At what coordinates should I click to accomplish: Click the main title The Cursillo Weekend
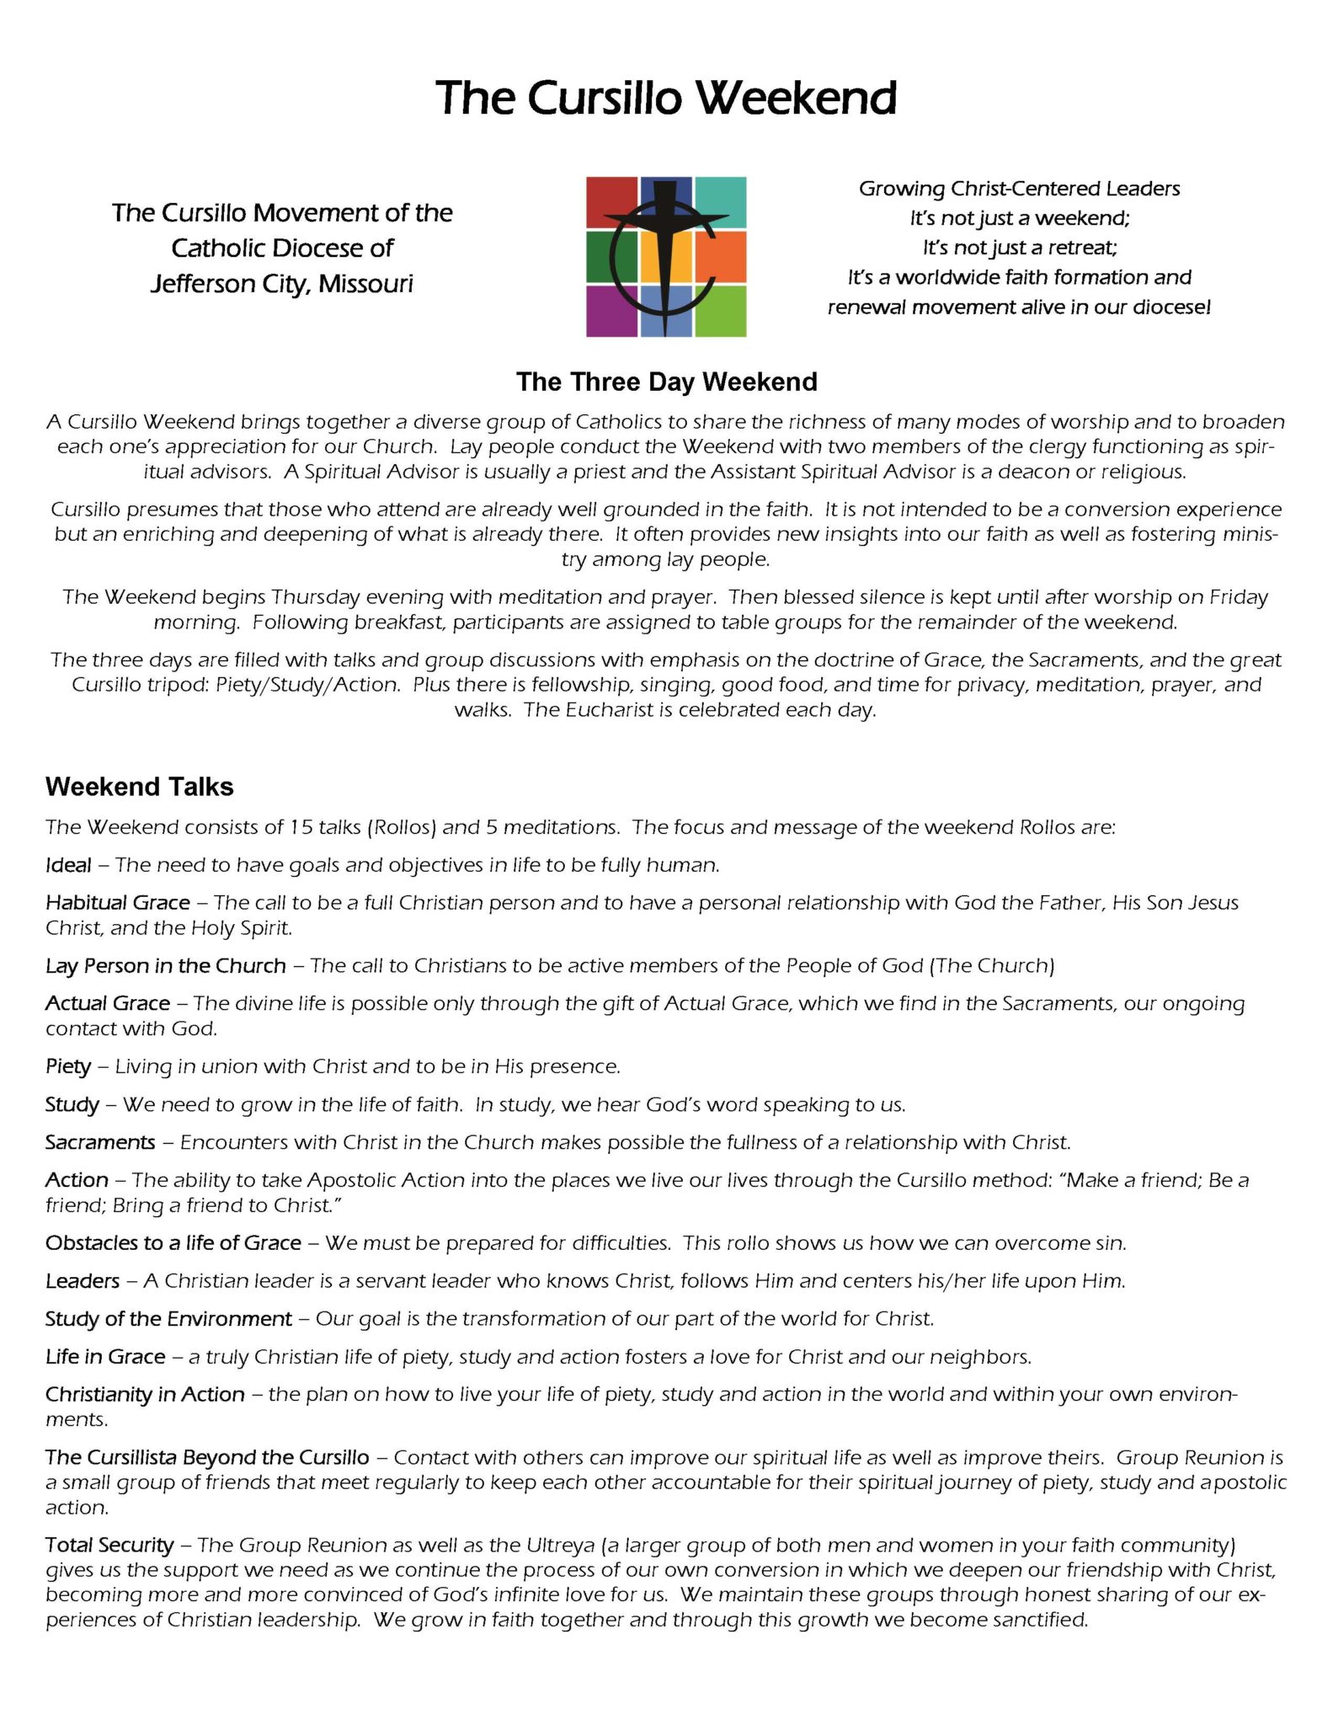pyautogui.click(x=666, y=98)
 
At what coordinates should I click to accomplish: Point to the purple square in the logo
pyautogui.click(x=611, y=312)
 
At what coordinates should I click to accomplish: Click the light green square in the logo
pyautogui.click(x=721, y=312)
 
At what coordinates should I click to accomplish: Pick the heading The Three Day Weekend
pyautogui.click(x=666, y=382)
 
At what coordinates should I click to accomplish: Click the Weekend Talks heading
pyautogui.click(x=139, y=787)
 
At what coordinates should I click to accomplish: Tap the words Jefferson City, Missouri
pyautogui.click(x=282, y=284)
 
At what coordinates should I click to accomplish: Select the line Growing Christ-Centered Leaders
pyautogui.click(x=1019, y=189)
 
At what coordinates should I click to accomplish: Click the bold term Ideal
pyautogui.click(x=68, y=865)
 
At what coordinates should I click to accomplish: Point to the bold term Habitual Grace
pyautogui.click(x=118, y=903)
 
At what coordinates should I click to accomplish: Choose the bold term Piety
pyautogui.click(x=68, y=1066)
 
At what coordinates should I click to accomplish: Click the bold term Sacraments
pyautogui.click(x=100, y=1142)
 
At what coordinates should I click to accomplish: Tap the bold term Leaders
pyautogui.click(x=83, y=1281)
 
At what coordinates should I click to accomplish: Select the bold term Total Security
pyautogui.click(x=109, y=1546)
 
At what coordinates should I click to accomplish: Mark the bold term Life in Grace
pyautogui.click(x=105, y=1357)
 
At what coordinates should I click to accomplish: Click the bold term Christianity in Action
pyautogui.click(x=145, y=1395)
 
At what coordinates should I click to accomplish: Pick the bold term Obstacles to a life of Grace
pyautogui.click(x=173, y=1243)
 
